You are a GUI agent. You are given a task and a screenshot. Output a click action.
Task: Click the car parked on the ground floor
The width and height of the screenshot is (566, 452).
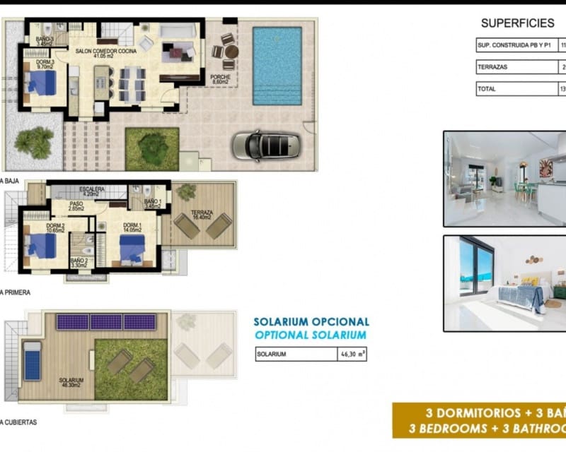coord(267,145)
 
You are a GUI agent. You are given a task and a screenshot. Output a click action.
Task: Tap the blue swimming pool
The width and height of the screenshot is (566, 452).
coord(277,66)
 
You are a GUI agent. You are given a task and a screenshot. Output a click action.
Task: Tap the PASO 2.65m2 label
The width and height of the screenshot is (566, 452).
coord(77,207)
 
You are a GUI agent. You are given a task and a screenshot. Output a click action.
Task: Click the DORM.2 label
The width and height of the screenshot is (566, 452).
coord(35,227)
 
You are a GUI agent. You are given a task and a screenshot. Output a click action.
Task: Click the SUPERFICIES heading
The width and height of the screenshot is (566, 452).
coord(518,23)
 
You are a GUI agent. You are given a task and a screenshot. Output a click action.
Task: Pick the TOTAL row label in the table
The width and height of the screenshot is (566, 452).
coord(487,89)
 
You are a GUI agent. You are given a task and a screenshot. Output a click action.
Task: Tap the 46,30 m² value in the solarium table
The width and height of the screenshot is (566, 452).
coord(352,355)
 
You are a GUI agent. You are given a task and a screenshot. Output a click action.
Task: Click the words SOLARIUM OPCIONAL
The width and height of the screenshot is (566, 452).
coord(311,322)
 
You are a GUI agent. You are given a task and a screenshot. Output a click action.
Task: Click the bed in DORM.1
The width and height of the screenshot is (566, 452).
coord(132,249)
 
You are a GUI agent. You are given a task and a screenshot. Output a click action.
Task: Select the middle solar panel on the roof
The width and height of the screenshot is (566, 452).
coord(106,322)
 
